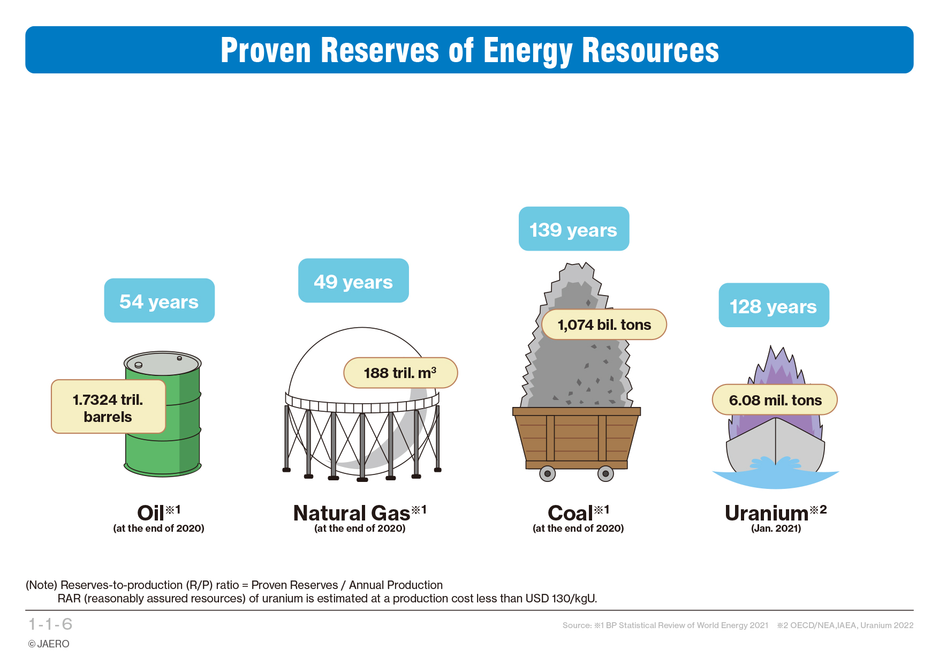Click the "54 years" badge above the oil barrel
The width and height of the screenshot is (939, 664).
click(160, 300)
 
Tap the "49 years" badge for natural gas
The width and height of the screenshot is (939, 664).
click(353, 281)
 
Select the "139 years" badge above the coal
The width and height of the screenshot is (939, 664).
click(574, 229)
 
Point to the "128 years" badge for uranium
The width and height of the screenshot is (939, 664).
click(774, 305)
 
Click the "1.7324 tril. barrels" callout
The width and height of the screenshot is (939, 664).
click(108, 406)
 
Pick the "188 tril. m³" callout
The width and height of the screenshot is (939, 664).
click(400, 373)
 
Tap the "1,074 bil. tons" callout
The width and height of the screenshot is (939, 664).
click(604, 325)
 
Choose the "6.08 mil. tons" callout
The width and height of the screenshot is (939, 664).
click(775, 399)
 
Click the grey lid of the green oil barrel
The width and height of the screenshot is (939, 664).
click(162, 364)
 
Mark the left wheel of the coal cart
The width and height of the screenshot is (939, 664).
click(547, 474)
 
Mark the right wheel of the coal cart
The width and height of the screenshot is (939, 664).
click(605, 474)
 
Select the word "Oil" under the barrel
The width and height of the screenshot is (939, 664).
click(150, 513)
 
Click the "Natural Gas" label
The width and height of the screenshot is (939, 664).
click(352, 513)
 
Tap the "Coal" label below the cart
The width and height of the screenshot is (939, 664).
click(570, 513)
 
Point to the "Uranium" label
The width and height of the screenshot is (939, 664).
click(767, 513)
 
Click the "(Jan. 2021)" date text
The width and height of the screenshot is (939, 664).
click(776, 529)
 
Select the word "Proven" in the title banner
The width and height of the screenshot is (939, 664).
click(266, 50)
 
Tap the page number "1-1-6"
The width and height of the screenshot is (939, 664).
click(50, 624)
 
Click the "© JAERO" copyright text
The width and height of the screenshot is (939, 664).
click(49, 644)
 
